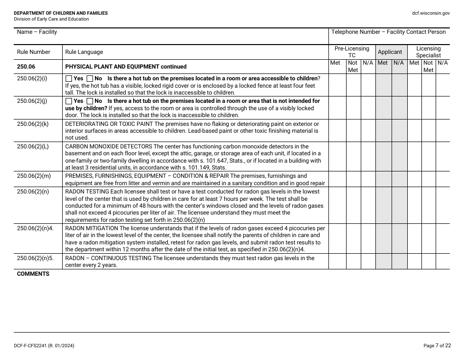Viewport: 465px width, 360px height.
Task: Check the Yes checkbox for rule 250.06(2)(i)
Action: (x=69, y=78)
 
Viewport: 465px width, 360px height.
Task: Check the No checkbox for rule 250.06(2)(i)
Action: (x=90, y=78)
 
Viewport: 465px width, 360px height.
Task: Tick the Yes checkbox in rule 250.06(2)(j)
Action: (x=69, y=101)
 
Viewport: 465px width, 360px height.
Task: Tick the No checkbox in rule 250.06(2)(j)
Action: (x=90, y=101)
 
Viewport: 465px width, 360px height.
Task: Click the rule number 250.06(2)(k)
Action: (x=33, y=124)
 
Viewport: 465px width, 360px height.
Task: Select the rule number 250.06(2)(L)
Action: (x=33, y=146)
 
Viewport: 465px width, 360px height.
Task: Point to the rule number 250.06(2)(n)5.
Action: (x=35, y=258)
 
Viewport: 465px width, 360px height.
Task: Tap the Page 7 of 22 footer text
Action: (x=437, y=346)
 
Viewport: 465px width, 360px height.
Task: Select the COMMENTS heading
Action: (x=33, y=274)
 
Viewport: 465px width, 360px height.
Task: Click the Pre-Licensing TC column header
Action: (x=351, y=52)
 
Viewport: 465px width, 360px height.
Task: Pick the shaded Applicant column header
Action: (x=390, y=52)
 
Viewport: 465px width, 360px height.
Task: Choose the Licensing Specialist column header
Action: (x=428, y=52)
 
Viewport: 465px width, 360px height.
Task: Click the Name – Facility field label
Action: (x=37, y=32)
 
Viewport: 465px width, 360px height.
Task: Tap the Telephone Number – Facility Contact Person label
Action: (x=388, y=32)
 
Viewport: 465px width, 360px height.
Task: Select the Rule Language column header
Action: (x=84, y=52)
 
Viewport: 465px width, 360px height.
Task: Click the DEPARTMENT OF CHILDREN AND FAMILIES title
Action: (x=61, y=13)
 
